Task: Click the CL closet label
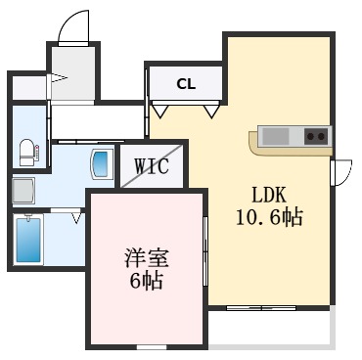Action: coord(186,83)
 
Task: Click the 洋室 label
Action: coord(146,259)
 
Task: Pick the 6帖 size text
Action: coord(146,283)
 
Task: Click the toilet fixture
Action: coord(26,151)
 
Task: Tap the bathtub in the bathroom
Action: coord(28,241)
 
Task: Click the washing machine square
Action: coord(23,187)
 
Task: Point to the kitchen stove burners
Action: coord(316,136)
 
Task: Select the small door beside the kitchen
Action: coord(341,172)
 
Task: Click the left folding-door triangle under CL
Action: coord(158,111)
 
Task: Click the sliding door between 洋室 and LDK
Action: coord(206,251)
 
